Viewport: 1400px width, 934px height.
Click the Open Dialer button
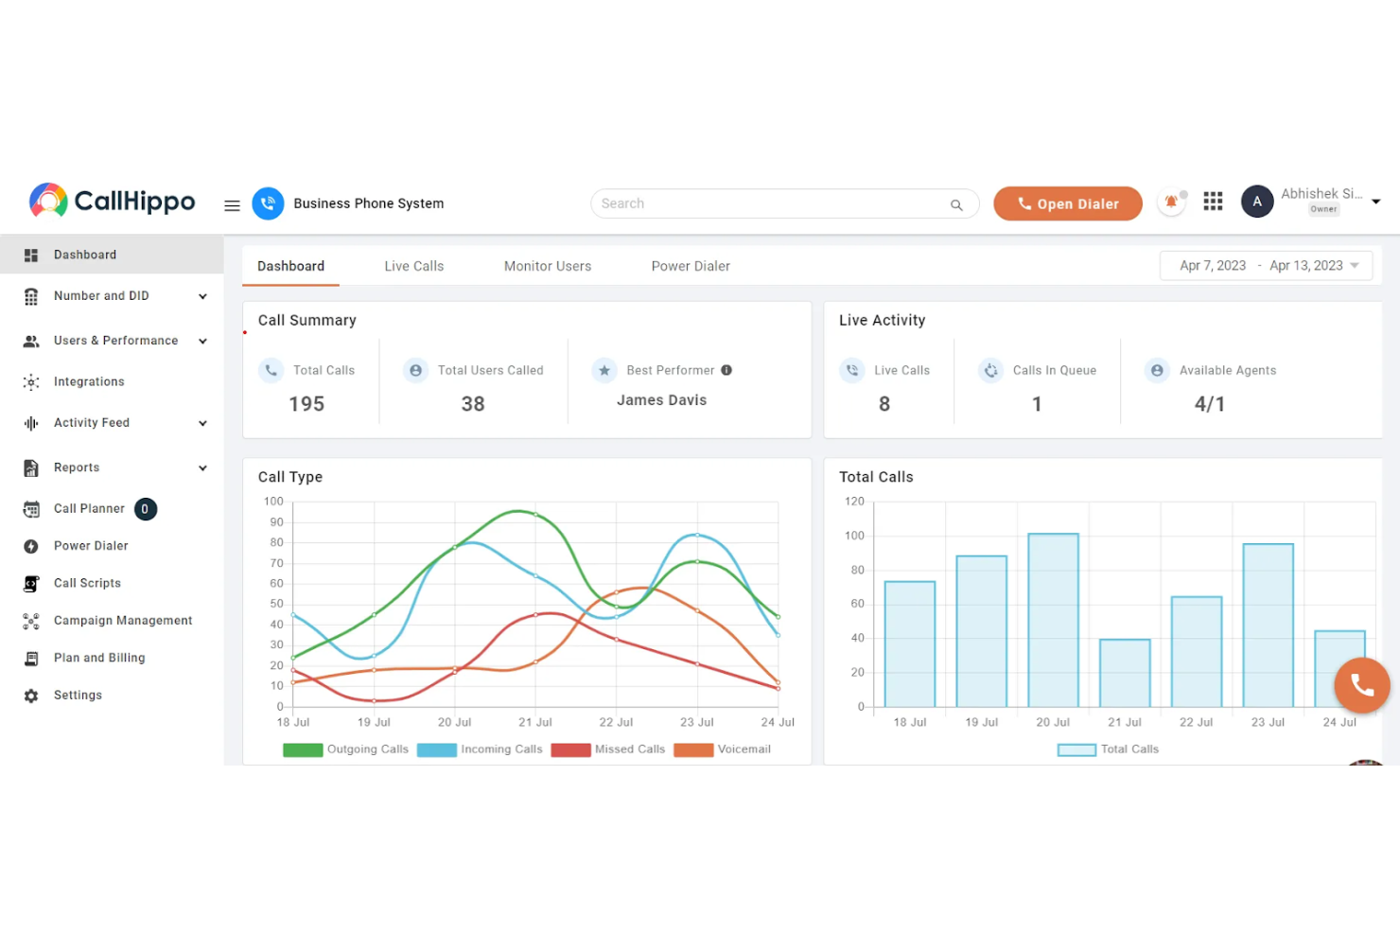[x=1067, y=203]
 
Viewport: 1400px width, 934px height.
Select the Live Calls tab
[x=413, y=266]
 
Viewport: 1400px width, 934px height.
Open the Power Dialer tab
[x=691, y=266]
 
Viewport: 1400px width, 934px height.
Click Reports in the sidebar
[x=77, y=467]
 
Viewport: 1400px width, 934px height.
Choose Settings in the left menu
[x=78, y=695]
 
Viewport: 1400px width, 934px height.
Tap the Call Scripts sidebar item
[x=87, y=583]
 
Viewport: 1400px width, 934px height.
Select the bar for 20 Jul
[x=1053, y=620]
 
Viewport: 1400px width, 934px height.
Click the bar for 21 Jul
[x=1125, y=673]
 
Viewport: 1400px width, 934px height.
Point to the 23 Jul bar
[x=1268, y=625]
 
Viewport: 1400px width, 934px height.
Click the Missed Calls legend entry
[x=609, y=749]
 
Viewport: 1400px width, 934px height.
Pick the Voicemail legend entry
[x=723, y=749]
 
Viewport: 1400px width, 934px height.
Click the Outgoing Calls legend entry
[x=346, y=749]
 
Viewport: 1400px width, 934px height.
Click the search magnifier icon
[x=956, y=204]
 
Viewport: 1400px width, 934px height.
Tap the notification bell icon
[x=1171, y=202]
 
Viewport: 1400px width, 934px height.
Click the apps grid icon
[x=1213, y=202]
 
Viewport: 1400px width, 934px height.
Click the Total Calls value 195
[x=306, y=404]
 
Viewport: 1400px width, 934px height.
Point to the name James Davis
[x=661, y=400]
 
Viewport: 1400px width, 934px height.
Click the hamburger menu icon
[x=232, y=205]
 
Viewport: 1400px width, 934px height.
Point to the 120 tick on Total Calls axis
[x=854, y=502]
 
